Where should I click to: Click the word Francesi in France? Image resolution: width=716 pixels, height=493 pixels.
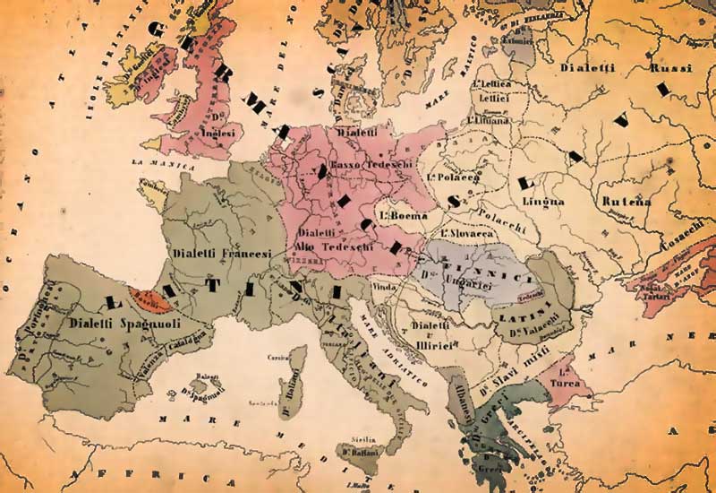point(243,255)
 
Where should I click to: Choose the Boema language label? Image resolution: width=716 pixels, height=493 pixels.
point(400,215)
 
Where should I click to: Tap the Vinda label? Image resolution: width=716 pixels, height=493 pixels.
point(384,286)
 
